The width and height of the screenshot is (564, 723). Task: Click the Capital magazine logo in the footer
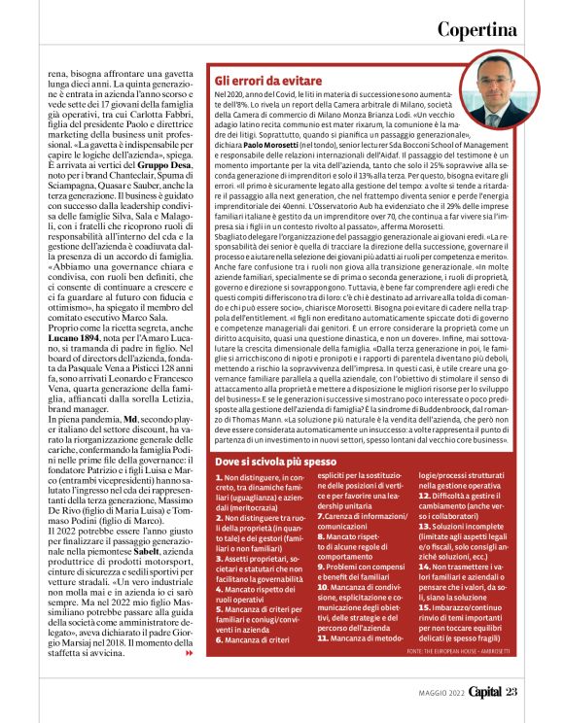(x=478, y=691)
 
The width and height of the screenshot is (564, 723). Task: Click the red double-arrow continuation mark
(x=191, y=653)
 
